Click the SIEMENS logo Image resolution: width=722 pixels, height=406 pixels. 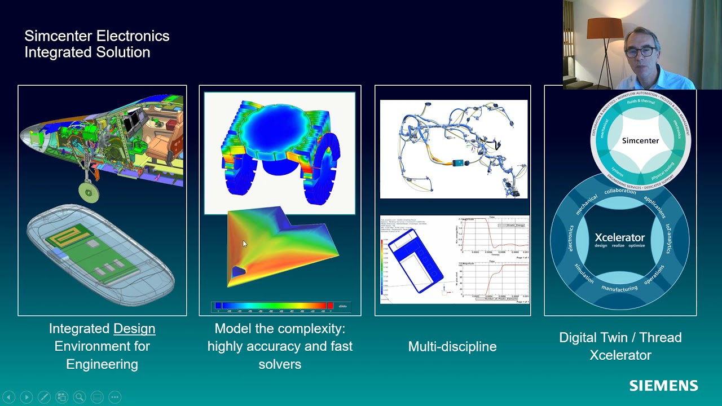pos(663,386)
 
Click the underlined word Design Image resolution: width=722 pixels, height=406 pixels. pos(134,328)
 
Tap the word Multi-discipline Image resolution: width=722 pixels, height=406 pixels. pos(452,346)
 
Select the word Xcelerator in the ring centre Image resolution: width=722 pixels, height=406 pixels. pos(619,237)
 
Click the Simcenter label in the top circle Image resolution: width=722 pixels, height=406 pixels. pos(640,140)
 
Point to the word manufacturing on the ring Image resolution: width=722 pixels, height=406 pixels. pos(619,289)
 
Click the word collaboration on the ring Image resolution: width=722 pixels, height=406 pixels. pos(620,191)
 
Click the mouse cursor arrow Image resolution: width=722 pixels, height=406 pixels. pos(244,243)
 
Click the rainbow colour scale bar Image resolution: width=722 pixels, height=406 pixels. pos(274,306)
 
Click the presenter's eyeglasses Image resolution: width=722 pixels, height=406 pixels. pos(640,52)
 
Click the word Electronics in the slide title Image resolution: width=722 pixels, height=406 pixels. pos(133,36)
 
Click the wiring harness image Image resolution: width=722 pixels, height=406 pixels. pos(454,149)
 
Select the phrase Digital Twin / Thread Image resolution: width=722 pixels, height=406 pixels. pos(620,337)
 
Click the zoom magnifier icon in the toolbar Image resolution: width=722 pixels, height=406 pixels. pos(80,397)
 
